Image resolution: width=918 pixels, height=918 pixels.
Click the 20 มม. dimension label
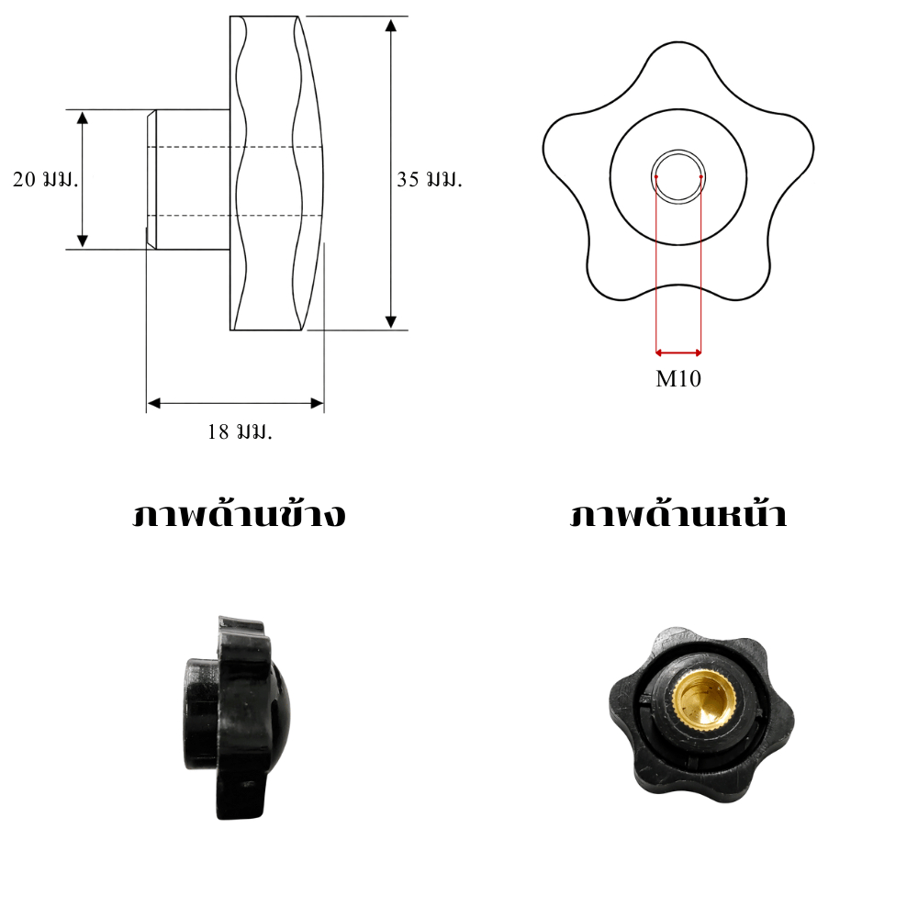point(45,179)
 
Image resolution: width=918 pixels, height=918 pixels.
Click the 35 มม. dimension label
point(430,179)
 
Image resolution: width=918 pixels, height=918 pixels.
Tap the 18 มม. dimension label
point(240,432)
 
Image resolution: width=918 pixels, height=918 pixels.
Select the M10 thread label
point(678,379)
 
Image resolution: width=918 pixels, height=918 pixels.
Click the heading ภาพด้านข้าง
point(239,514)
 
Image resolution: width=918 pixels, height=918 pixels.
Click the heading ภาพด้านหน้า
point(678,514)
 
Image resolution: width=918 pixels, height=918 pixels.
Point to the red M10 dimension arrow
point(678,353)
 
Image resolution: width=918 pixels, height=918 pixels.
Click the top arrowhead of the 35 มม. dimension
point(391,25)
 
